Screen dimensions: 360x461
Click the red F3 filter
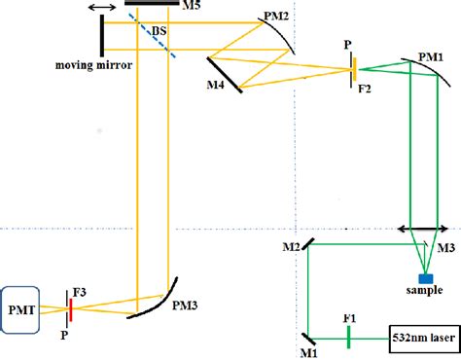(x=70, y=307)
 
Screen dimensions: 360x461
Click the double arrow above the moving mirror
(x=99, y=8)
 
